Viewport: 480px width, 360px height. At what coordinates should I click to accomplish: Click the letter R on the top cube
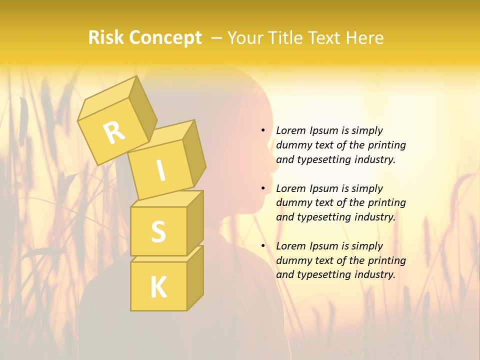click(x=114, y=132)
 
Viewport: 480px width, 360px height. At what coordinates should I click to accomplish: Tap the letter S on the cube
click(x=158, y=231)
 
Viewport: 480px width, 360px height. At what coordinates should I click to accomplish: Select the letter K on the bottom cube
click(x=158, y=287)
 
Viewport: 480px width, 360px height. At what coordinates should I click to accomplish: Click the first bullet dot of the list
click(x=263, y=131)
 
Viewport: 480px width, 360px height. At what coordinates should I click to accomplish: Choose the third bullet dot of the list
click(x=263, y=246)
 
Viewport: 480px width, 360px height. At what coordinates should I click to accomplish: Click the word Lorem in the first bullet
click(x=290, y=130)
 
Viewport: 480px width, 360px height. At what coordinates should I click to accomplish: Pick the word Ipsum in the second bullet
click(x=322, y=188)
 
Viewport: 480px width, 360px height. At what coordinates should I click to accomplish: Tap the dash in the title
click(x=217, y=37)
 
